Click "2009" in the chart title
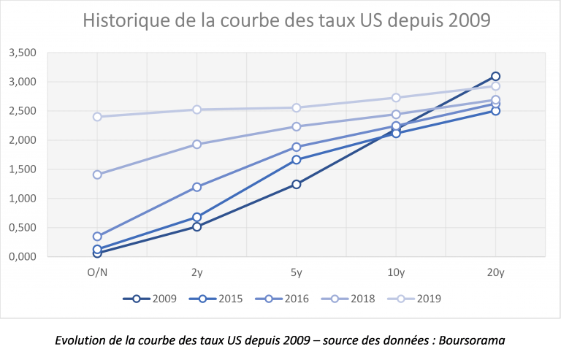(x=464, y=20)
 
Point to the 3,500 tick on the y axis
(x=22, y=53)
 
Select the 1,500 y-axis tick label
(x=22, y=169)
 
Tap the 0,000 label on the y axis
(x=22, y=257)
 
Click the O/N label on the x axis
(x=97, y=273)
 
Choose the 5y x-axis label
(x=296, y=273)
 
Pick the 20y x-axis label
(x=495, y=273)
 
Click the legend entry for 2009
(x=152, y=298)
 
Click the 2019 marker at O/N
(x=97, y=117)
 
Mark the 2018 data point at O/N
(x=97, y=175)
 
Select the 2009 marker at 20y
(x=495, y=76)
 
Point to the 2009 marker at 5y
(x=296, y=184)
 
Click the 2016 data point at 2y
(x=196, y=187)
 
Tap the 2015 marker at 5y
(x=296, y=159)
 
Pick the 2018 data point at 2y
(x=196, y=144)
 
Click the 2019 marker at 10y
(x=396, y=97)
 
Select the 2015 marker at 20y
(x=495, y=111)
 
